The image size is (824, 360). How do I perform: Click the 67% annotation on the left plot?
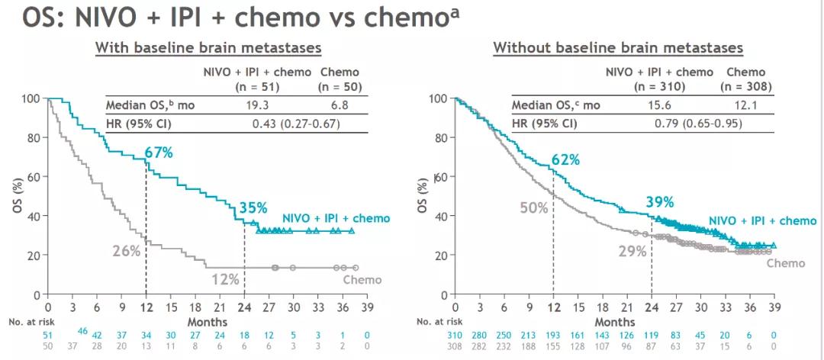(x=158, y=153)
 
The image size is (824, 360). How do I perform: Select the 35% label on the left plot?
(x=253, y=207)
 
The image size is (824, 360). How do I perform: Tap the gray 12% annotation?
(x=225, y=280)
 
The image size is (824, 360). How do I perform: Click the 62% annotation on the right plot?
(x=565, y=159)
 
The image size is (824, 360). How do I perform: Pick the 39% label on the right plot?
(x=659, y=201)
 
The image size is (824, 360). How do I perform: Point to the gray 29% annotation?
(x=632, y=250)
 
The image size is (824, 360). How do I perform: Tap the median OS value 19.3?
(x=259, y=104)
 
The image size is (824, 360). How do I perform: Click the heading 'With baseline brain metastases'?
(x=208, y=48)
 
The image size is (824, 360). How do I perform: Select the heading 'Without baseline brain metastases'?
(x=618, y=48)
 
